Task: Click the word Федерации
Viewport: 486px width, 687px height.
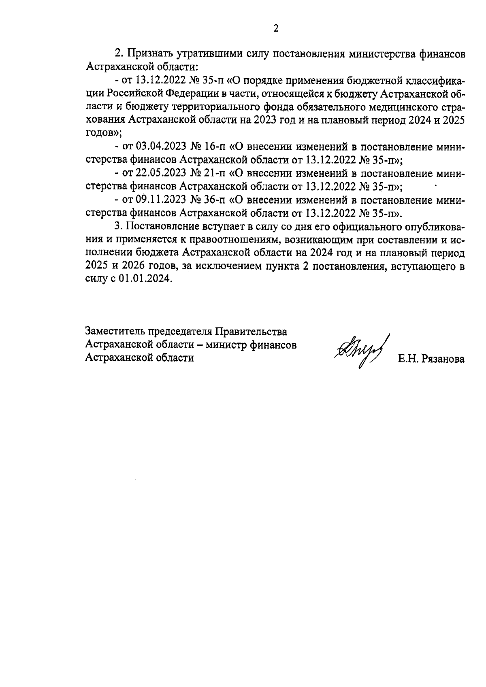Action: [190, 94]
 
